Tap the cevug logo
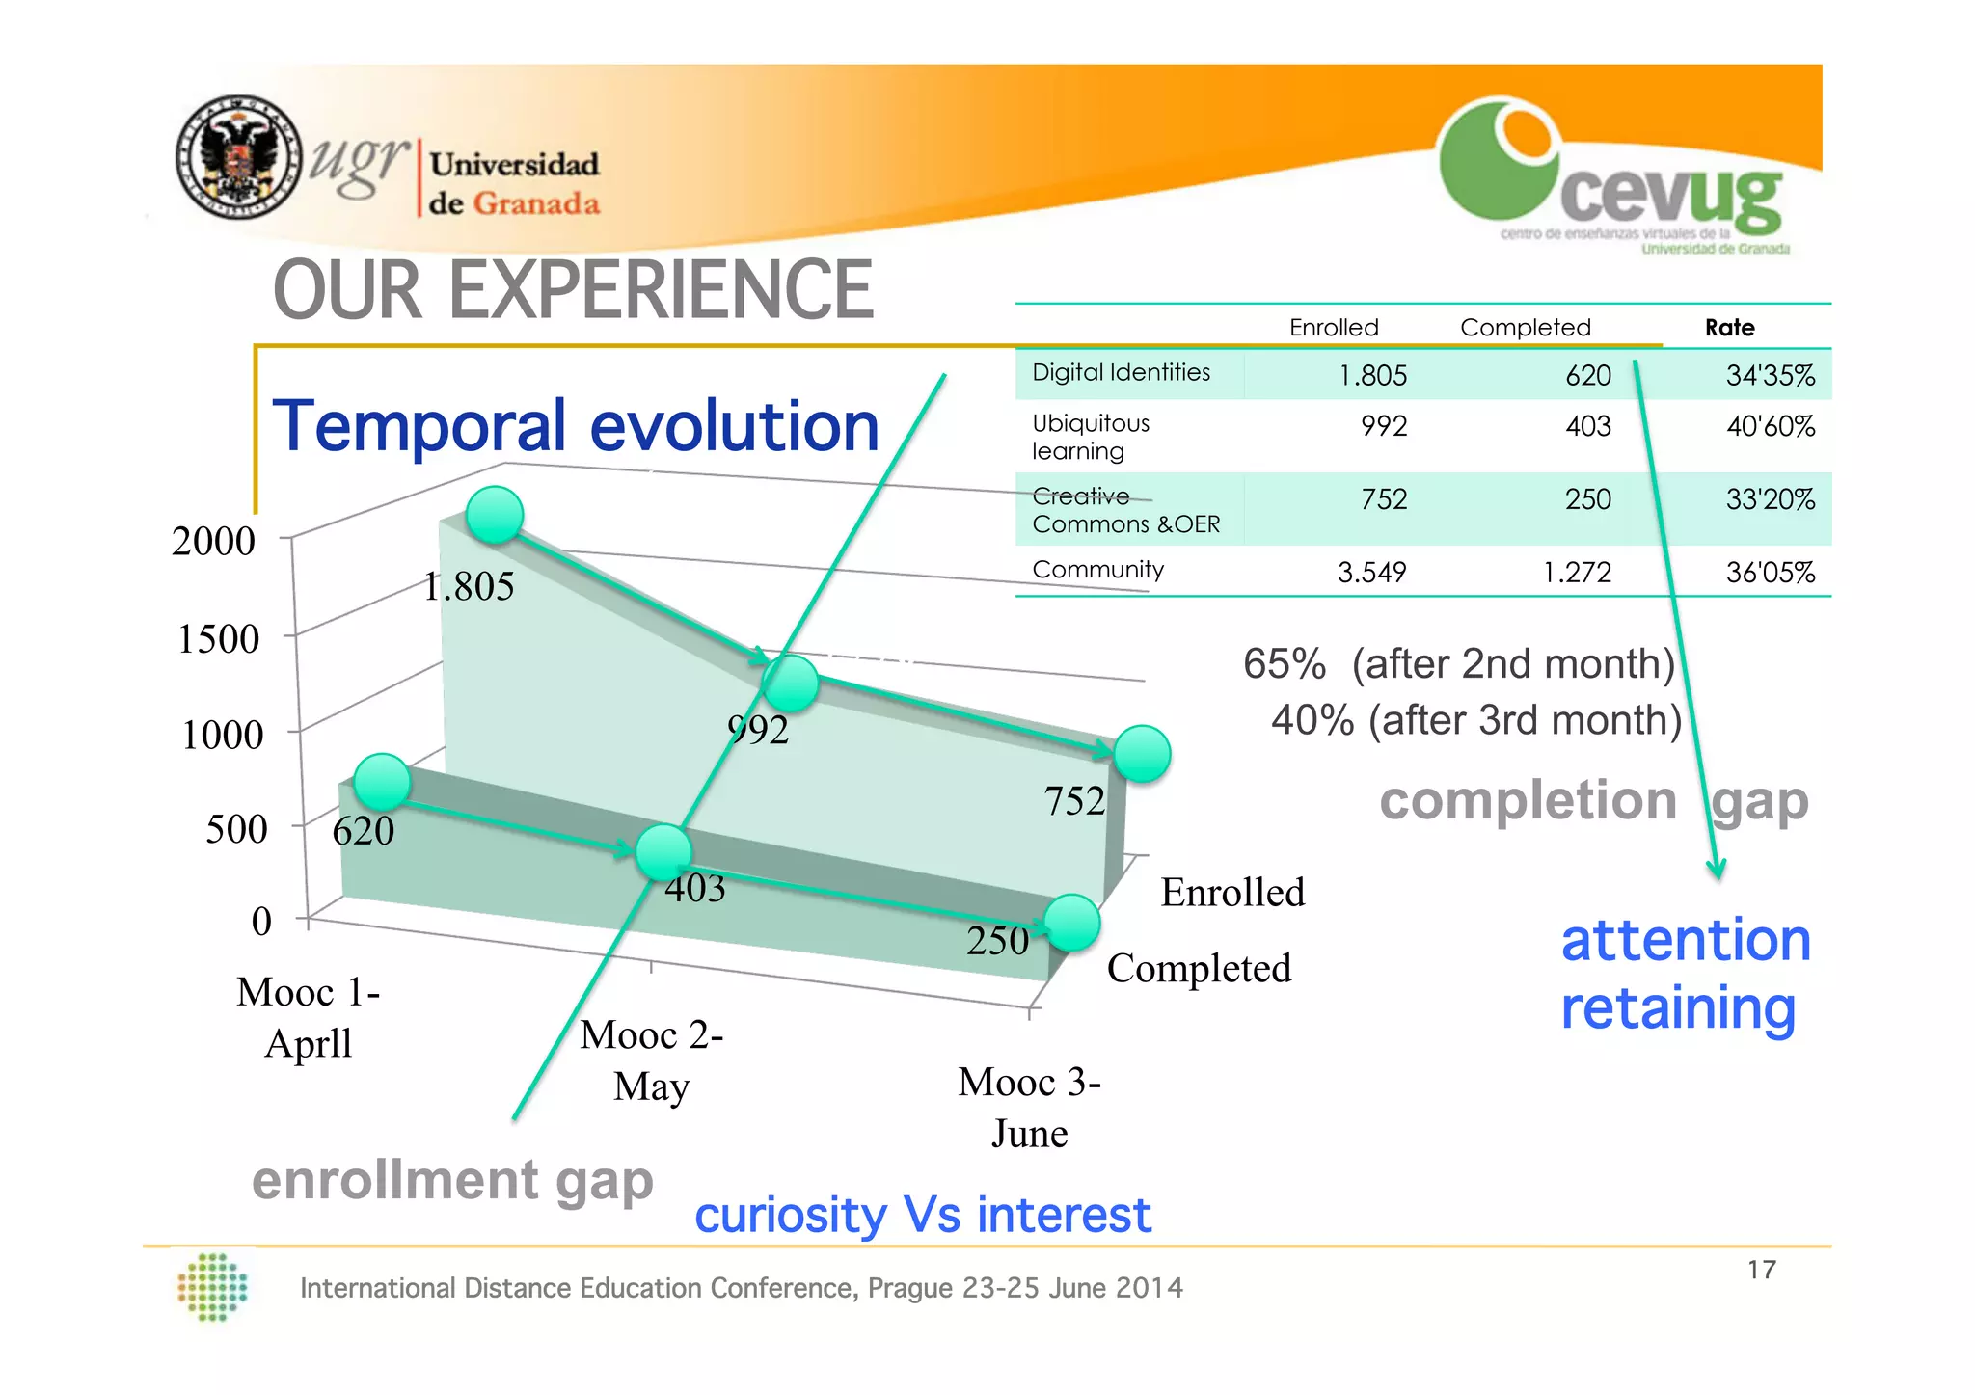(x=1613, y=174)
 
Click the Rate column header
(x=1729, y=328)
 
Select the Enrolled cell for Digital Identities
(x=1372, y=375)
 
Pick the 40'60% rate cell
(x=1770, y=426)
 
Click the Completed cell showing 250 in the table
(x=1587, y=499)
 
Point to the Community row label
(x=1097, y=570)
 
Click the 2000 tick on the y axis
(x=213, y=541)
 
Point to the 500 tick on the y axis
(x=235, y=829)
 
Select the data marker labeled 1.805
(x=495, y=515)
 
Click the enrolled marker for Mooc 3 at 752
(x=1142, y=753)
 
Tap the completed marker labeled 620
(x=382, y=781)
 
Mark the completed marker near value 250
(x=1071, y=922)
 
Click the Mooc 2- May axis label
(x=652, y=1060)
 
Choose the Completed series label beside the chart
(x=1199, y=968)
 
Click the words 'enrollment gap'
(x=452, y=1180)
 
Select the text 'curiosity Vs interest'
(x=922, y=1215)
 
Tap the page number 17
(x=1761, y=1270)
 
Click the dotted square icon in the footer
(x=213, y=1287)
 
